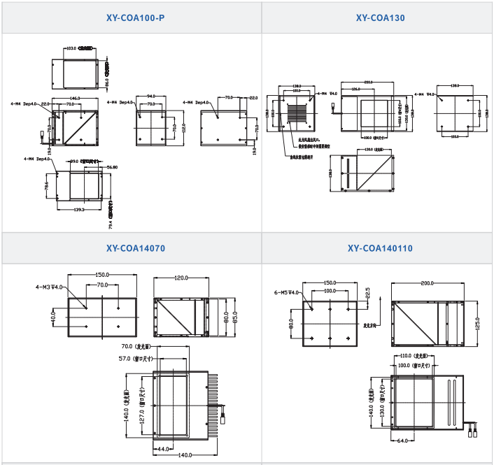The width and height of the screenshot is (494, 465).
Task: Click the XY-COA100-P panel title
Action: pyautogui.click(x=131, y=17)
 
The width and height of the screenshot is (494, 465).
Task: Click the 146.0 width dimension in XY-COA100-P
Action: pyautogui.click(x=74, y=99)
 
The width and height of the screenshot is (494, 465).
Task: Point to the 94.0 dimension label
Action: pyautogui.click(x=150, y=98)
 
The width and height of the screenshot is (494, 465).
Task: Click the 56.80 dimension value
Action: pyautogui.click(x=111, y=167)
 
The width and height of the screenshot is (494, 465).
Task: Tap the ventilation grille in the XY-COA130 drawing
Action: pyautogui.click(x=299, y=114)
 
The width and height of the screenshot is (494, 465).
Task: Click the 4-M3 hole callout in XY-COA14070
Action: pyautogui.click(x=49, y=287)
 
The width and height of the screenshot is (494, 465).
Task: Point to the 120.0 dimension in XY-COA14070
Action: pyautogui.click(x=181, y=278)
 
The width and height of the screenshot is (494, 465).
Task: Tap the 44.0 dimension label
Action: pyautogui.click(x=163, y=448)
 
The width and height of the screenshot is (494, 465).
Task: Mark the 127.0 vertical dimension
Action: pyautogui.click(x=142, y=410)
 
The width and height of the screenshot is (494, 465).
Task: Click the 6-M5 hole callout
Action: pyautogui.click(x=286, y=292)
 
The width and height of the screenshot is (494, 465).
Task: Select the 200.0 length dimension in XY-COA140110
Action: pyautogui.click(x=428, y=284)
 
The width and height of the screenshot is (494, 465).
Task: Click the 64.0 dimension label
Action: pyautogui.click(x=402, y=441)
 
